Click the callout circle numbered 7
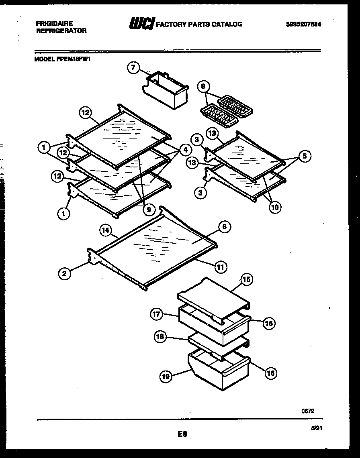(133, 68)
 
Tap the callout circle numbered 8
(203, 86)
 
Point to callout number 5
(305, 157)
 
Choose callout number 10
(275, 207)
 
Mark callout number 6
(224, 227)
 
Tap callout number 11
(221, 266)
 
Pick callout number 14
(106, 230)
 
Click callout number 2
(64, 274)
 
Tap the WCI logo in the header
(141, 24)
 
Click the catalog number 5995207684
(304, 24)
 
